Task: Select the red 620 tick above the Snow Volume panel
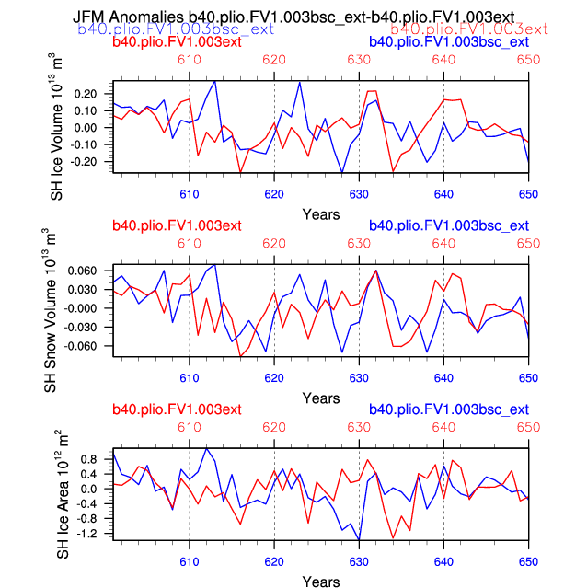[274, 243]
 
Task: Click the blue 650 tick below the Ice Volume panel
[528, 194]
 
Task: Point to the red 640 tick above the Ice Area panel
[443, 426]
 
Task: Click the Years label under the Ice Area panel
[321, 582]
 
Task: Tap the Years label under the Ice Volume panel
[321, 214]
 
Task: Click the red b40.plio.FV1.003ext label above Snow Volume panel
[177, 226]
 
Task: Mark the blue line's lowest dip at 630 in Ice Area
[359, 540]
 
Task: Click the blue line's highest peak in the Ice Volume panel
[215, 81]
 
